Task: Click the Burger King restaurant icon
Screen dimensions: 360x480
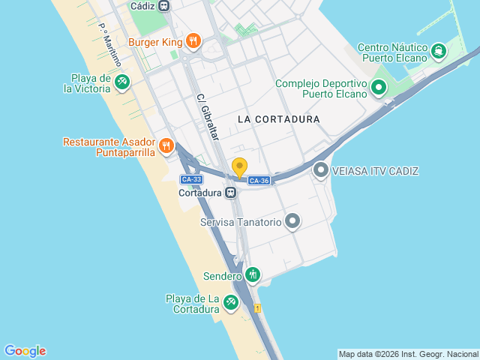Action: (193, 41)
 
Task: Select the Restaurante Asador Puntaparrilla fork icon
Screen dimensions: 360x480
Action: (166, 145)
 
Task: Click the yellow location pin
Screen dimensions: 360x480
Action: (239, 167)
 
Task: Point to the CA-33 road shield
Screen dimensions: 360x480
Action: (191, 179)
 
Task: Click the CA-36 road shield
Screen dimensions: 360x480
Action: (259, 181)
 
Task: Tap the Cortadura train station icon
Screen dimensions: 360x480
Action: (231, 192)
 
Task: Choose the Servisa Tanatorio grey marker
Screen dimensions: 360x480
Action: (292, 222)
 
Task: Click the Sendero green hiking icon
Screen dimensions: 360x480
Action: (253, 275)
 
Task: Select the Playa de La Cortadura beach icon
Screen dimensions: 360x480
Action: (231, 302)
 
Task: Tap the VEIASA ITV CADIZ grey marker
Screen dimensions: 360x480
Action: (321, 171)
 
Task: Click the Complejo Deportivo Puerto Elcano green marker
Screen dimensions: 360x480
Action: (379, 88)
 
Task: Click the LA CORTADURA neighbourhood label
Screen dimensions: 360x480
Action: (278, 119)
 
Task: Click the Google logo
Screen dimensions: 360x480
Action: (25, 351)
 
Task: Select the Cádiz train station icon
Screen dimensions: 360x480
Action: (163, 5)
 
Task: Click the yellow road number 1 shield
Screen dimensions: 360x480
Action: (257, 308)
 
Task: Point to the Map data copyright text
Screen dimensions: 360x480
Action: (408, 354)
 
